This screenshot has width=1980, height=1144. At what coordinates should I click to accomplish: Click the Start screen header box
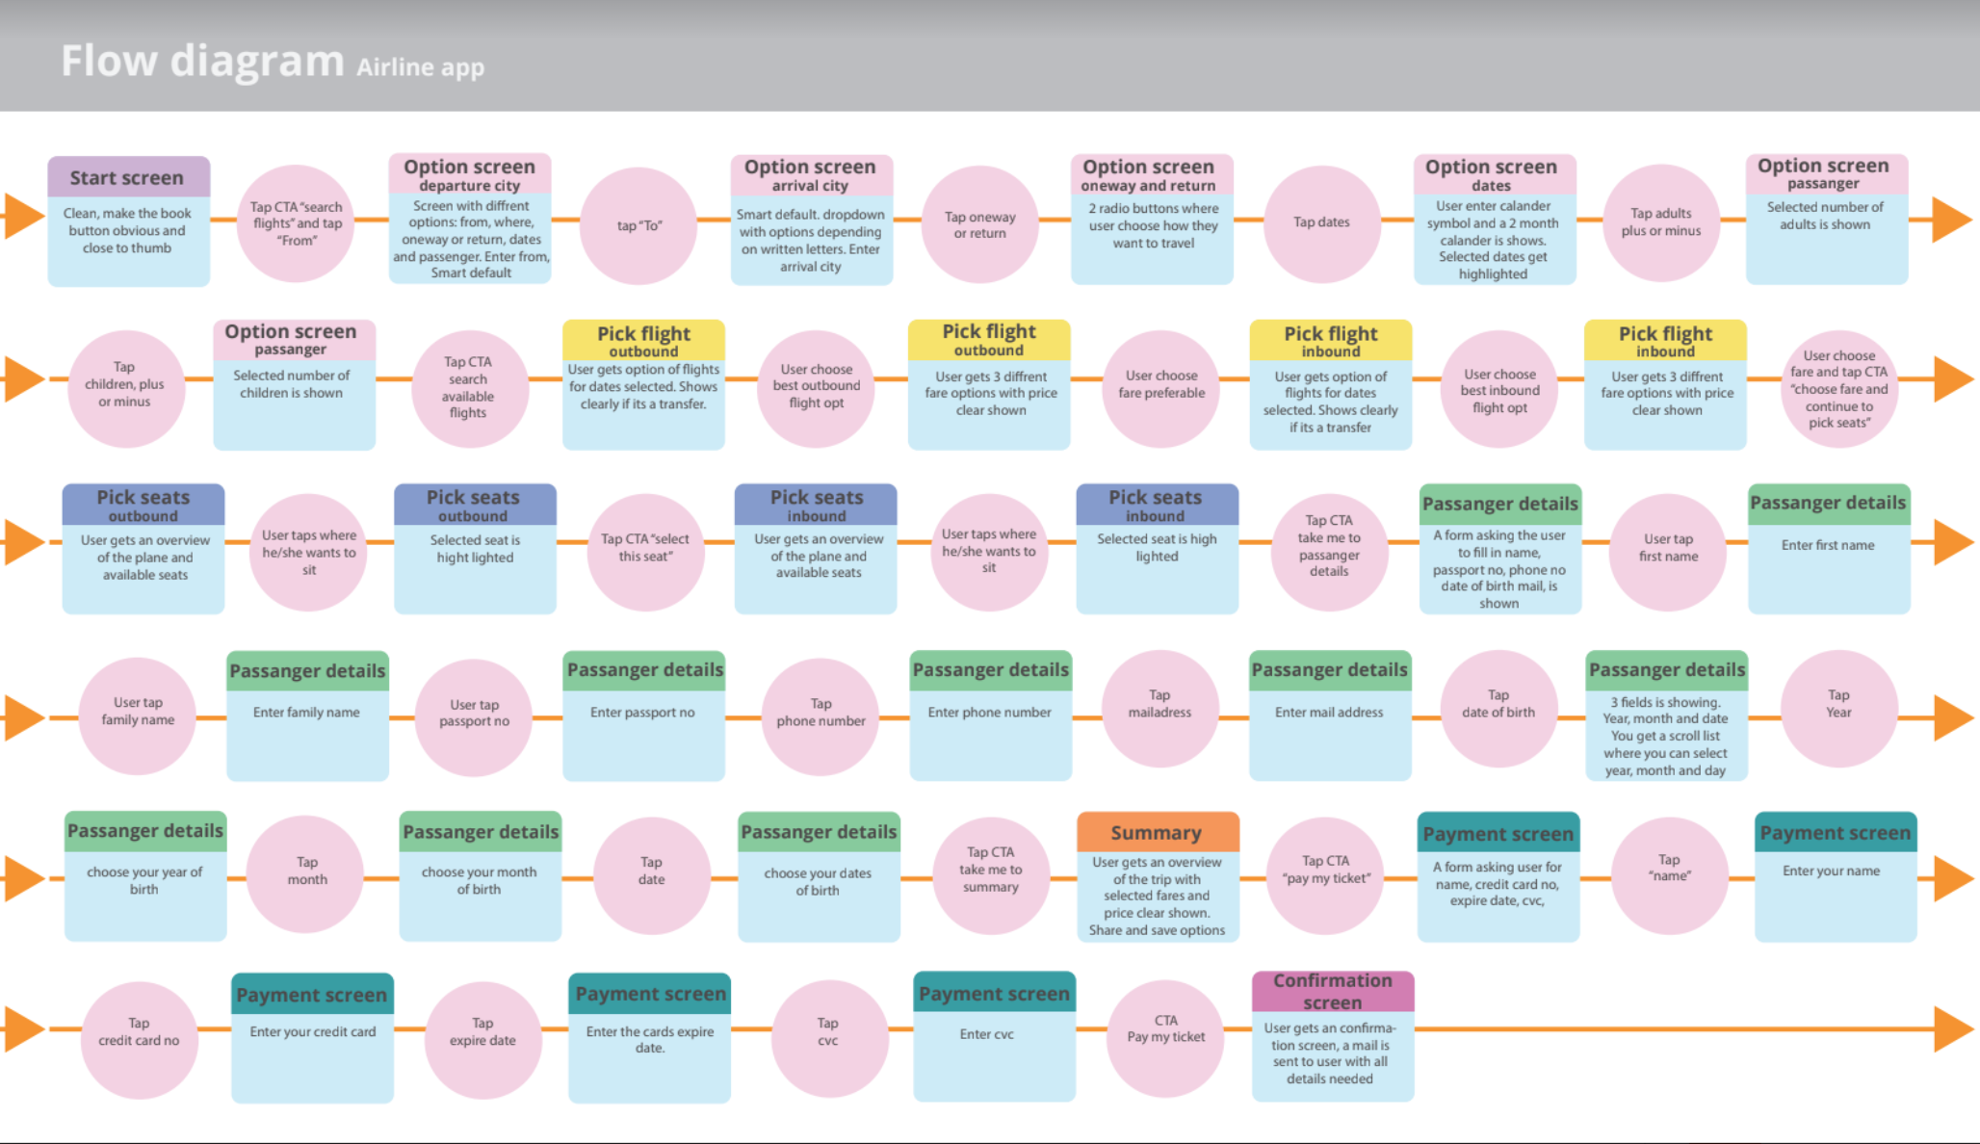[x=128, y=177]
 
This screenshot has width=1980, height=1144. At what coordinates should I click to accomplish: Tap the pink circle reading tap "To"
[x=638, y=225]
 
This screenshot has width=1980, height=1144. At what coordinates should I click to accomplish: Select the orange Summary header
[x=1157, y=832]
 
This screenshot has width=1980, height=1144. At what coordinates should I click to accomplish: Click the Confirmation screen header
[x=1333, y=991]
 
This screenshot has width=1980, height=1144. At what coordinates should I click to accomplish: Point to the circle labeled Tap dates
[x=1321, y=222]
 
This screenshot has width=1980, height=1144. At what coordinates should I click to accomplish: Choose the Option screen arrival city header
[x=811, y=174]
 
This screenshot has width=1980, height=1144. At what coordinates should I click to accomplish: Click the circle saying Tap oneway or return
[x=980, y=224]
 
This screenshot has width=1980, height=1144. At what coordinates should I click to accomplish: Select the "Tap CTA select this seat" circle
[x=645, y=549]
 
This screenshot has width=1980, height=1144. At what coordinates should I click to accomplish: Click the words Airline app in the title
[x=420, y=67]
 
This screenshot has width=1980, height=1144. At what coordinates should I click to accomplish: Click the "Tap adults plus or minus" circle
[x=1660, y=222]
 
